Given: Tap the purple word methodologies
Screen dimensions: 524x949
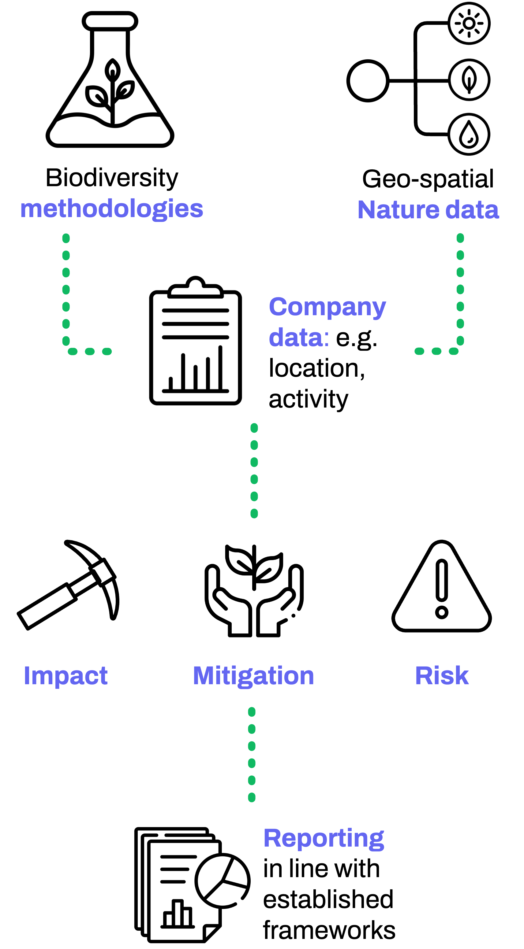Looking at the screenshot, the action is (x=112, y=209).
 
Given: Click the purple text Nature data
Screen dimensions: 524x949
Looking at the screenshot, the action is (x=428, y=210).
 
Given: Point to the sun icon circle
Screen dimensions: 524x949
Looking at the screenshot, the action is (x=469, y=23).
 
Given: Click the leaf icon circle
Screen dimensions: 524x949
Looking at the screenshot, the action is (x=469, y=79).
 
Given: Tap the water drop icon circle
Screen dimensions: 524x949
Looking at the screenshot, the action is (x=469, y=134).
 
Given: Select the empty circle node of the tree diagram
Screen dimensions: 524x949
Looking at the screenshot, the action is (x=368, y=81).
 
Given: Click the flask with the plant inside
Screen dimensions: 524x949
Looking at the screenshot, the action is (x=110, y=79).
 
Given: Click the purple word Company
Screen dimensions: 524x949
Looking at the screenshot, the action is (x=327, y=307).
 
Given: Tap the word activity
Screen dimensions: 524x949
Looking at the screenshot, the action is (x=308, y=399).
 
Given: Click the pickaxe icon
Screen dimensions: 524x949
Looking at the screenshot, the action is (x=68, y=585).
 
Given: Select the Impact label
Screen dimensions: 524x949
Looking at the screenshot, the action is (x=65, y=676).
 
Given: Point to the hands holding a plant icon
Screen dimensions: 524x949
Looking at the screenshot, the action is (x=254, y=591).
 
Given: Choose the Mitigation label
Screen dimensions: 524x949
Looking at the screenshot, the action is (x=253, y=676).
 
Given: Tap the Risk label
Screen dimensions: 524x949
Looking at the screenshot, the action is (x=442, y=676).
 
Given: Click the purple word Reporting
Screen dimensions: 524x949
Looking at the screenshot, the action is (x=324, y=839).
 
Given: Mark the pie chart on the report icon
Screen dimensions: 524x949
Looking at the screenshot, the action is (x=222, y=881).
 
